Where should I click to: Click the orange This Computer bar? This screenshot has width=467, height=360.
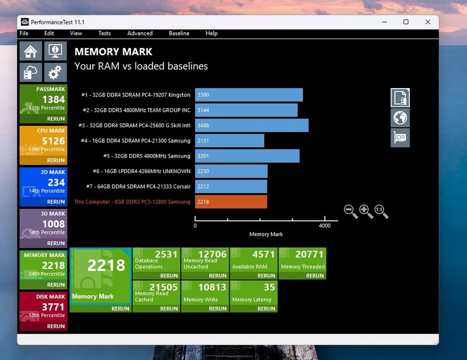pyautogui.click(x=231, y=202)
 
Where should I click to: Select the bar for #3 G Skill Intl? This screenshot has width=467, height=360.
pyautogui.click(x=252, y=126)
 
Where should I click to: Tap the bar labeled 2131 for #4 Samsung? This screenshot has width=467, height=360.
pyautogui.click(x=230, y=141)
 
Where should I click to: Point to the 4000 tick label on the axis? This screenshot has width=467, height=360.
pyautogui.click(x=325, y=226)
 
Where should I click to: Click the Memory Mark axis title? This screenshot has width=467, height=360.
pyautogui.click(x=266, y=234)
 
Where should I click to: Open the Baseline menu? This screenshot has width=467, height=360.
pyautogui.click(x=179, y=33)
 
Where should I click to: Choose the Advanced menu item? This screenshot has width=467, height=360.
pyautogui.click(x=140, y=33)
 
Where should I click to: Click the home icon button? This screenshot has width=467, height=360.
pyautogui.click(x=31, y=51)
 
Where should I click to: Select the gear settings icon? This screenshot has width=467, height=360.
pyautogui.click(x=56, y=72)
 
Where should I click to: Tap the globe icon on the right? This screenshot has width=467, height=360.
pyautogui.click(x=400, y=118)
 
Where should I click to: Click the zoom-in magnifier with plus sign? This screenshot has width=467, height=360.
pyautogui.click(x=366, y=211)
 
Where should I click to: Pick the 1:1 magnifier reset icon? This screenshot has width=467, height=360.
pyautogui.click(x=381, y=211)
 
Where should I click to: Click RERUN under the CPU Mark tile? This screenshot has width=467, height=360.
pyautogui.click(x=56, y=160)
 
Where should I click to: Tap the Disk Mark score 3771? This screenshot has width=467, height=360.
pyautogui.click(x=54, y=307)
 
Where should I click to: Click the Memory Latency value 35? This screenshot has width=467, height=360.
pyautogui.click(x=269, y=287)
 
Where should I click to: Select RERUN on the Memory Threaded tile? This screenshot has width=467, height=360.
pyautogui.click(x=315, y=276)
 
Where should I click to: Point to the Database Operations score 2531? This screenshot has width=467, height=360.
pyautogui.click(x=166, y=254)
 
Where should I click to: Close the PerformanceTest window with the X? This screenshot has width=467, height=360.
pyautogui.click(x=428, y=22)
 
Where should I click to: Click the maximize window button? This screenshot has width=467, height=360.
pyautogui.click(x=406, y=22)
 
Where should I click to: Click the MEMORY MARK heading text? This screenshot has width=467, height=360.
pyautogui.click(x=113, y=52)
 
